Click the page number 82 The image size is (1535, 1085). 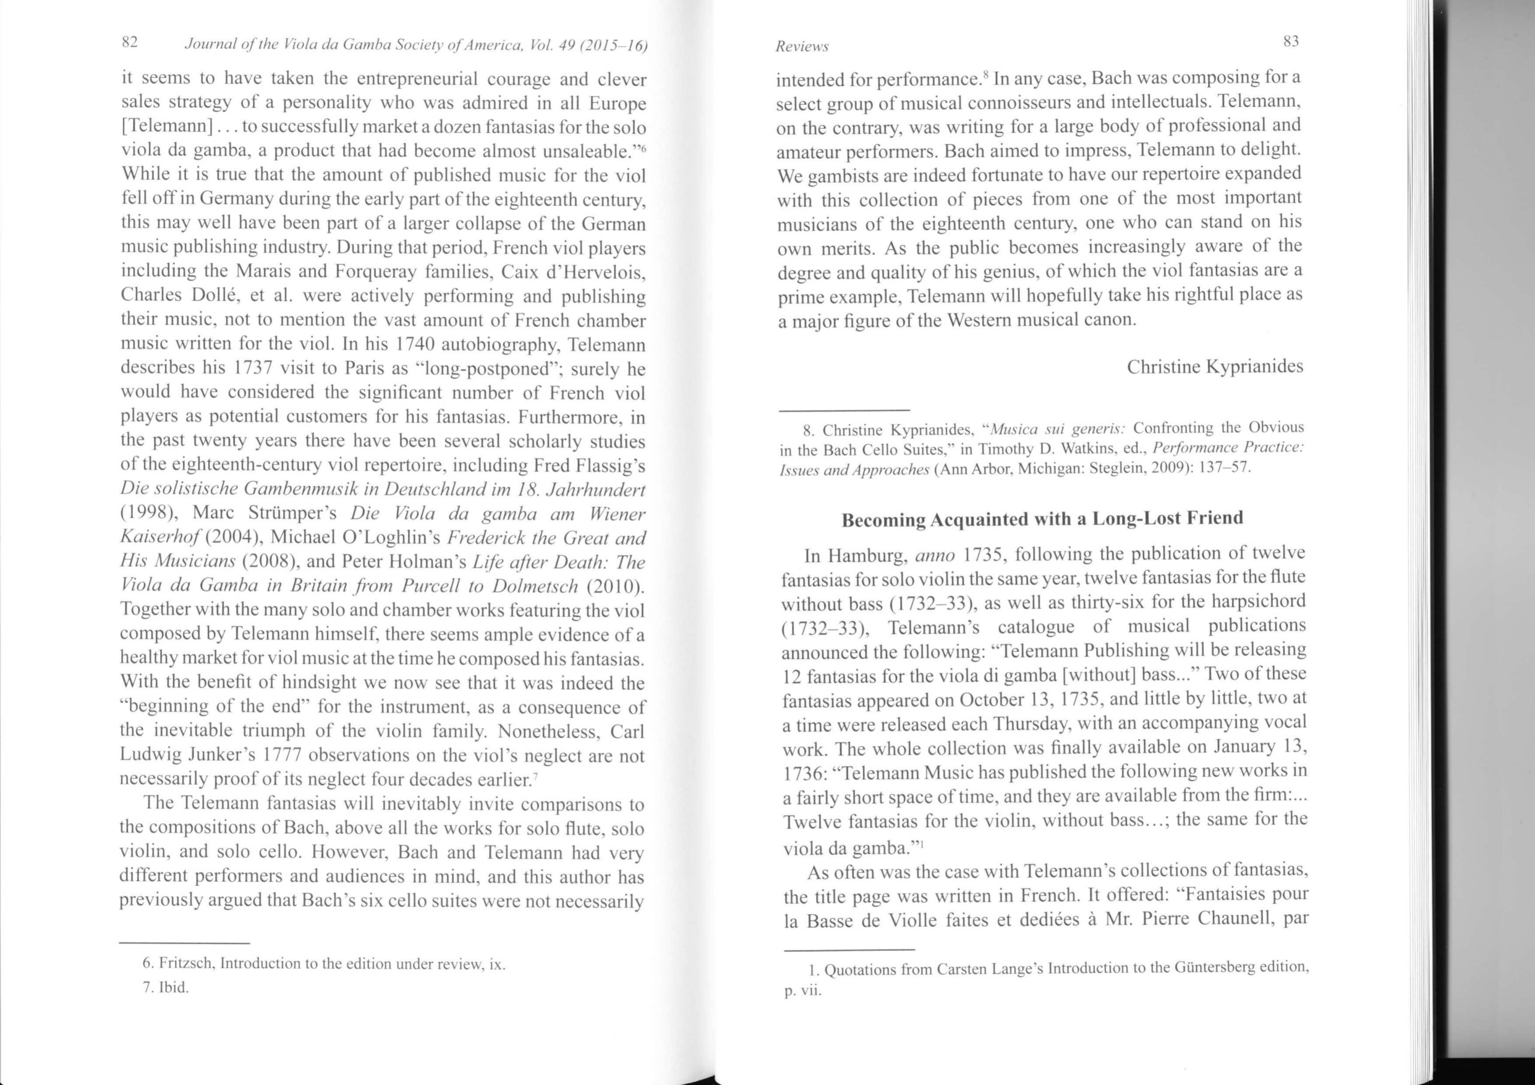click(129, 43)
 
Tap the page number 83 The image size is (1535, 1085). click(1290, 41)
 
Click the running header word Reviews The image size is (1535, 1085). click(802, 46)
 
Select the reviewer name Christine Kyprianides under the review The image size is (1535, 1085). click(1215, 367)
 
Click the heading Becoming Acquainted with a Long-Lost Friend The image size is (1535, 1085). click(1042, 519)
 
